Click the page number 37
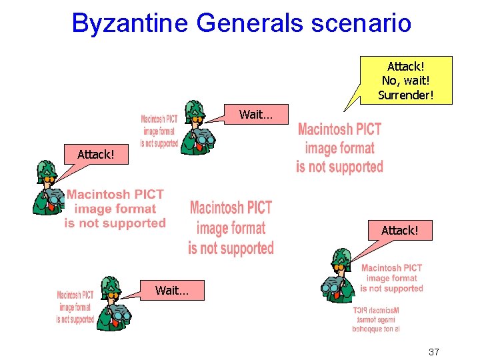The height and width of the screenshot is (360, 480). [433, 351]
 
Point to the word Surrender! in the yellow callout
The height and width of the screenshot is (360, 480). [405, 95]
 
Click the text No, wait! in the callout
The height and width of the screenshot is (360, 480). [405, 81]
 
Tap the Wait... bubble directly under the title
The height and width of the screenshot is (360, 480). [256, 115]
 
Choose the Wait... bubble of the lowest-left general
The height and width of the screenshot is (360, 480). [171, 290]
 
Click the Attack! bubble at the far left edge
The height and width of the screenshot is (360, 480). [95, 154]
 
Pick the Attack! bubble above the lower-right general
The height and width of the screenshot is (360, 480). [399, 230]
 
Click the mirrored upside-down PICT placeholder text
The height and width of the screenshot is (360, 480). [376, 320]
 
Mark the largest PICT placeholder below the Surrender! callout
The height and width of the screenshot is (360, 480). [339, 148]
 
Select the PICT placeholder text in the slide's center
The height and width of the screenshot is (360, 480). [231, 228]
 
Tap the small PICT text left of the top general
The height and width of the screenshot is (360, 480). [159, 131]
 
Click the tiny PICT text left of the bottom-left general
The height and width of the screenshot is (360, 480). [75, 307]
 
